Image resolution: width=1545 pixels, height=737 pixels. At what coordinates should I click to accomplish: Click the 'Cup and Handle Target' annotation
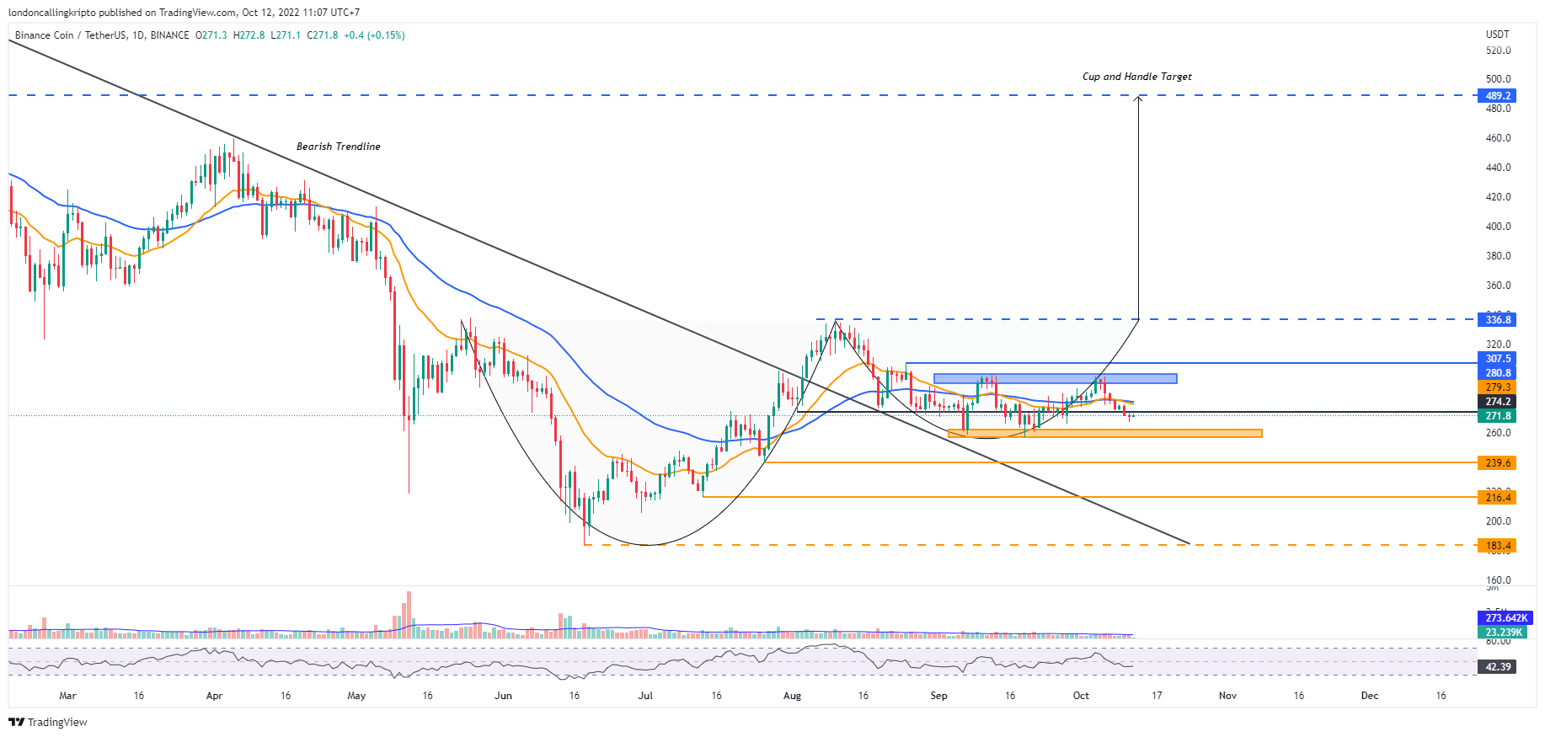tap(1136, 77)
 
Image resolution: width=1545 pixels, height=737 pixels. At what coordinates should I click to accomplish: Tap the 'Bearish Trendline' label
tap(338, 147)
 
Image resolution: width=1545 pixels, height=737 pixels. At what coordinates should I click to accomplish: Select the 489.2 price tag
tap(1497, 96)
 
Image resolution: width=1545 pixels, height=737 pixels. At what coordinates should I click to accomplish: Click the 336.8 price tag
tap(1497, 320)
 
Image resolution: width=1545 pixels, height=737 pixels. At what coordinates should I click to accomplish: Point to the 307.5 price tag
tap(1497, 359)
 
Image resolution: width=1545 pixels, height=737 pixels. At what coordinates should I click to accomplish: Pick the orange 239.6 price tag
tap(1497, 463)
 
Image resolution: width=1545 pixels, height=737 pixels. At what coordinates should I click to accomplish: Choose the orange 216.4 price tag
tap(1497, 498)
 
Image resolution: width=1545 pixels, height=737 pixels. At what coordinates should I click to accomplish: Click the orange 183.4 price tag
tap(1497, 546)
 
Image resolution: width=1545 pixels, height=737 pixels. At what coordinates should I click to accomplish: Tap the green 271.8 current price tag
tap(1497, 416)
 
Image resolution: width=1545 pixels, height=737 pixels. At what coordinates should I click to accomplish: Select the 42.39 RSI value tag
tap(1497, 667)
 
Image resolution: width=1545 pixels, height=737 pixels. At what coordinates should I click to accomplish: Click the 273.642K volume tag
tap(1505, 618)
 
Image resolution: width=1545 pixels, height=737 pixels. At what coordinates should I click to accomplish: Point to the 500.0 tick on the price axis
tap(1498, 79)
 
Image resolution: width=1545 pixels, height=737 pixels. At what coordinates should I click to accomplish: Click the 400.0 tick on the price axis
tap(1498, 227)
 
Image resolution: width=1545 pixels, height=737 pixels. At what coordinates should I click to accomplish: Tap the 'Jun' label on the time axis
tap(503, 696)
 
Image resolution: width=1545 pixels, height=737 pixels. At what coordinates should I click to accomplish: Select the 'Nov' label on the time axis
tap(1227, 696)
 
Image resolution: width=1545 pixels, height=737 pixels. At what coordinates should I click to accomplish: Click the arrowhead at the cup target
tap(1138, 99)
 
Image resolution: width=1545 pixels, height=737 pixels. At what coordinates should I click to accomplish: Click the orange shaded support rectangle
tap(1104, 434)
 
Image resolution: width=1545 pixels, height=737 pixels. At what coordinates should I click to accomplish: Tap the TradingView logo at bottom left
tap(48, 723)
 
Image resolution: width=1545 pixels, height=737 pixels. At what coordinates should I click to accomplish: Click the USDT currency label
tap(1497, 35)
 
